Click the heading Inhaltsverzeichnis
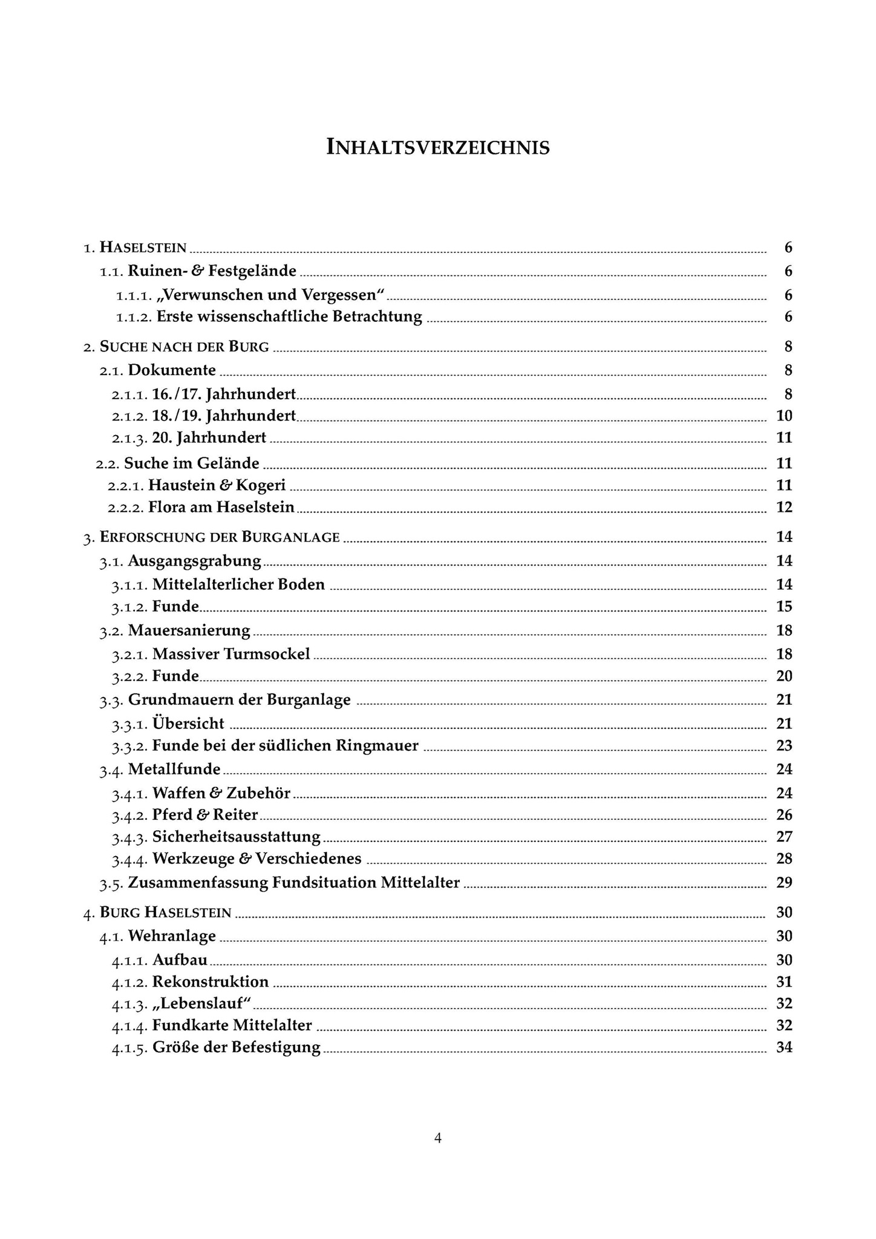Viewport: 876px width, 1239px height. (x=438, y=147)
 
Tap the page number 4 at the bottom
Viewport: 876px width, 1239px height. (x=438, y=1138)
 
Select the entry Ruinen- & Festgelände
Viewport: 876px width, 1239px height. (x=212, y=271)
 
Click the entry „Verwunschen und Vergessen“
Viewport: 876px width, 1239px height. (x=270, y=295)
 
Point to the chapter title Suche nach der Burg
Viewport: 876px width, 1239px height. (x=185, y=347)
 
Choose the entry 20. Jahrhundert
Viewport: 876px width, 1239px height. (x=209, y=437)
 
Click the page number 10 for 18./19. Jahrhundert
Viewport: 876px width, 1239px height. (x=784, y=416)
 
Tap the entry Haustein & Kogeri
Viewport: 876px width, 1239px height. (x=217, y=485)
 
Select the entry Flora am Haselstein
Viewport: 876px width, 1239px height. (x=221, y=507)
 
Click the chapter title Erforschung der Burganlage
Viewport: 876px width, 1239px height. (x=220, y=537)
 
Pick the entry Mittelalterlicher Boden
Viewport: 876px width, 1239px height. (x=238, y=584)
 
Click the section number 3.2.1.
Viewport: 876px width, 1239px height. (x=129, y=655)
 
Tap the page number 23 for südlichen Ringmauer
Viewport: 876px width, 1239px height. (x=784, y=745)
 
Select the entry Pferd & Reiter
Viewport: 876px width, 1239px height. (x=205, y=815)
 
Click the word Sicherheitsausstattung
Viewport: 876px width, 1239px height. (x=236, y=837)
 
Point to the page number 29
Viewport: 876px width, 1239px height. (x=784, y=883)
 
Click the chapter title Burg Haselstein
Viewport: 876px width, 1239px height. (x=166, y=912)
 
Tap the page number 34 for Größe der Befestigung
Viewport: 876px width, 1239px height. (x=784, y=1047)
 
